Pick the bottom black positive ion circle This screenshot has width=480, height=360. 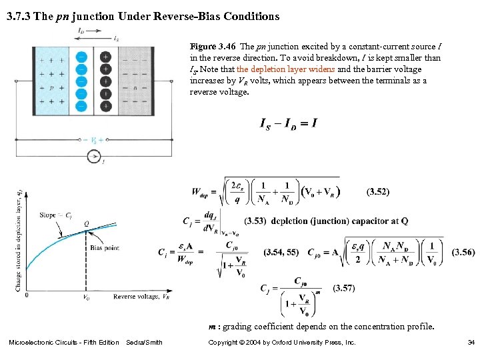click(x=105, y=105)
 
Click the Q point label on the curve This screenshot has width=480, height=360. click(x=87, y=223)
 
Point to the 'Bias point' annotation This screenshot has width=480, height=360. click(x=105, y=248)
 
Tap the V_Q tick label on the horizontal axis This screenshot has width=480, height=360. click(x=86, y=298)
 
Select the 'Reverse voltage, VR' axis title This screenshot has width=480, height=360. click(x=141, y=296)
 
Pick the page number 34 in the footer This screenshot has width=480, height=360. click(x=471, y=343)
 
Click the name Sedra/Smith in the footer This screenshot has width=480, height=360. click(x=144, y=343)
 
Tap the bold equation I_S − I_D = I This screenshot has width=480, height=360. click(x=287, y=123)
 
